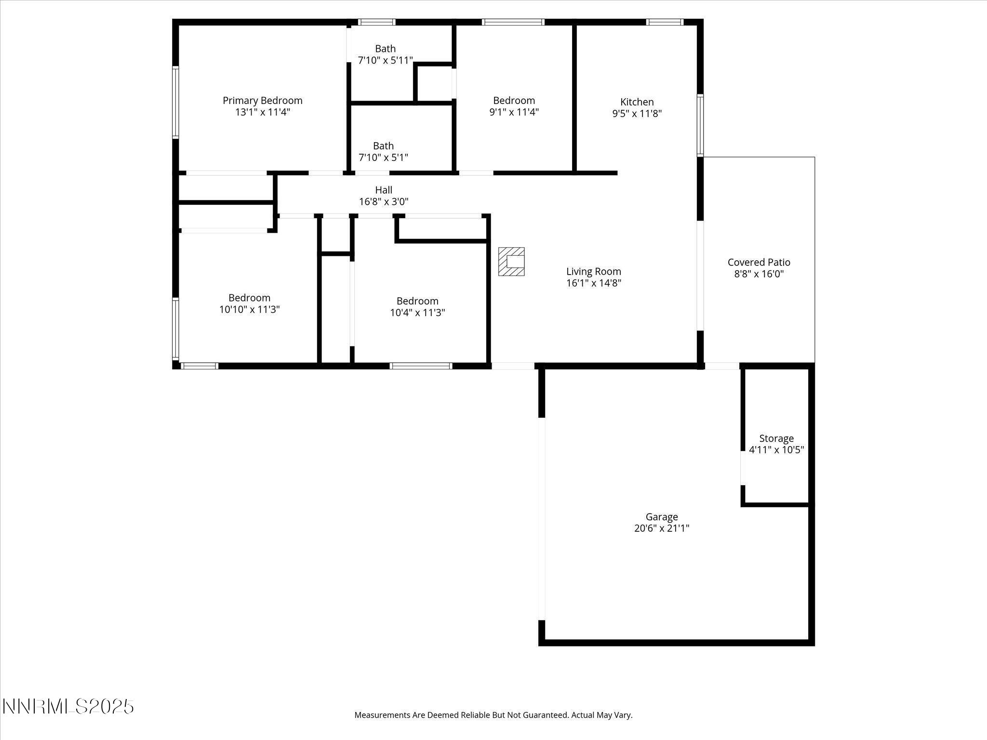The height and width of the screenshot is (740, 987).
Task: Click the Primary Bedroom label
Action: click(x=262, y=100)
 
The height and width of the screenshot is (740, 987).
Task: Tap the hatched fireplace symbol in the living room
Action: click(x=511, y=262)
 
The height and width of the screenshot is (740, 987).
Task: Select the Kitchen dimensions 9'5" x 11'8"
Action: click(x=637, y=114)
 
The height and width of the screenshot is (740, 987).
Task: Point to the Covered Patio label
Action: click(x=759, y=262)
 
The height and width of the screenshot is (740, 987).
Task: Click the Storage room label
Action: click(x=776, y=438)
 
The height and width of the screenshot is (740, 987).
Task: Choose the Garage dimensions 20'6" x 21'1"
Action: click(x=662, y=528)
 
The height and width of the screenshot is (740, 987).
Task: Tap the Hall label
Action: click(x=384, y=190)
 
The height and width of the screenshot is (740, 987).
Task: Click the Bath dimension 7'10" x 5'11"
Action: click(x=385, y=60)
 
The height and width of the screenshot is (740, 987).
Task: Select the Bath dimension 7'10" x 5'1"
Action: click(x=383, y=158)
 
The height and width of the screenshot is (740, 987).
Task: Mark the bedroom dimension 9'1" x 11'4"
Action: click(x=514, y=112)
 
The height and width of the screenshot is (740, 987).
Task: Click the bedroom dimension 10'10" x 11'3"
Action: click(x=249, y=309)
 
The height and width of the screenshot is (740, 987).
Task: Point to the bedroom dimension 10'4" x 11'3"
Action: click(x=417, y=313)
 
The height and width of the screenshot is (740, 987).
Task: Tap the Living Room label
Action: click(x=593, y=271)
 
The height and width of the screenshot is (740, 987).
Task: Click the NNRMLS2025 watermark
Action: click(x=68, y=707)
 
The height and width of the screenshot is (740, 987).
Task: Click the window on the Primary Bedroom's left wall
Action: click(x=176, y=102)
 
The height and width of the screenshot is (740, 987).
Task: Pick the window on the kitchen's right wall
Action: click(x=700, y=125)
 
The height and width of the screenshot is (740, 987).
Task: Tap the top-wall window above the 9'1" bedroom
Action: click(x=513, y=22)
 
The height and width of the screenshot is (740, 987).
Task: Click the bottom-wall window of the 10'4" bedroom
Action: click(x=421, y=366)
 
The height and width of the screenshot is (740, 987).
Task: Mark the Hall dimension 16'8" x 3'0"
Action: click(x=384, y=202)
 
